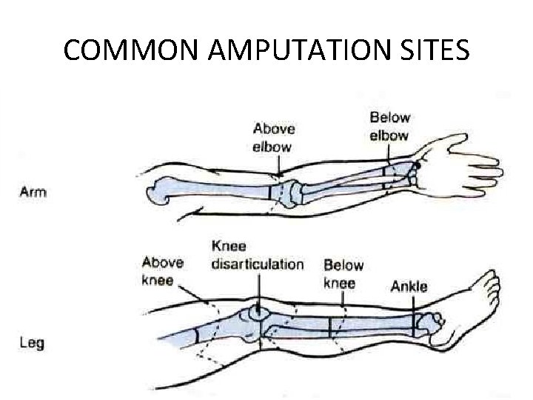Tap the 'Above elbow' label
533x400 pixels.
click(x=272, y=138)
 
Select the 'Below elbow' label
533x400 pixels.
click(x=389, y=126)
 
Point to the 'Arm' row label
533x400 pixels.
click(x=33, y=192)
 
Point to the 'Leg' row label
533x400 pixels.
click(x=32, y=344)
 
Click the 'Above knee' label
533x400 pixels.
click(x=162, y=270)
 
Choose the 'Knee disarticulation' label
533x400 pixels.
click(x=257, y=256)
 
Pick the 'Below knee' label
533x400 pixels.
click(x=343, y=273)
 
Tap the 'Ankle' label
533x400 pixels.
click(x=409, y=287)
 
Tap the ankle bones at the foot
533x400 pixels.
click(x=429, y=323)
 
